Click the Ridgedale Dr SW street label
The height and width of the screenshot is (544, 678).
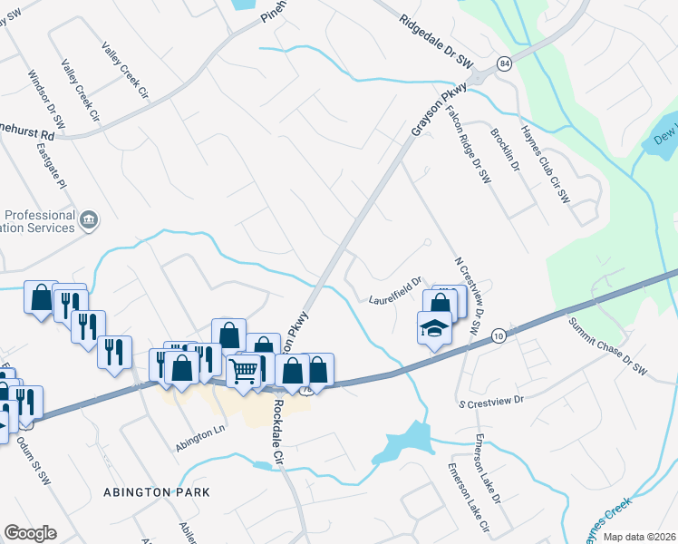(x=436, y=37)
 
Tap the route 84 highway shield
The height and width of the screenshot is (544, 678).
(x=504, y=63)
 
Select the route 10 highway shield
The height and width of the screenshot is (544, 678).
(x=499, y=335)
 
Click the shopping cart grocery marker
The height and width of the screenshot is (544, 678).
(x=244, y=370)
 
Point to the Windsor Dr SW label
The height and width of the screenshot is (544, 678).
(x=46, y=100)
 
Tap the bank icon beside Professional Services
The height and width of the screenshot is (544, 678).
(x=89, y=219)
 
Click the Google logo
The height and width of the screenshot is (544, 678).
(x=30, y=533)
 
